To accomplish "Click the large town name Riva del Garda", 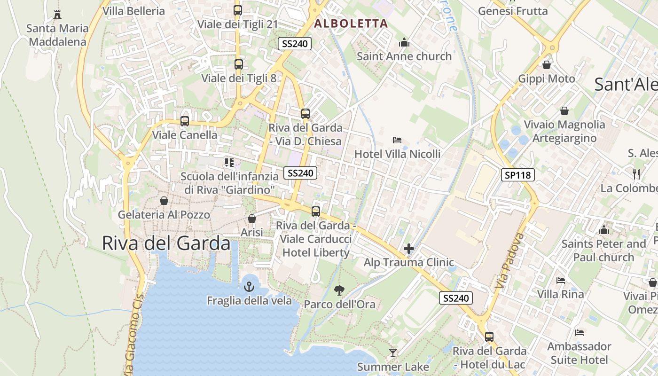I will click(166, 243).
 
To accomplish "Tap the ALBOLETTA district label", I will click(351, 23).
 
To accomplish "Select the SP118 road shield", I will click(517, 175).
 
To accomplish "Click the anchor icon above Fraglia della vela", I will click(249, 286).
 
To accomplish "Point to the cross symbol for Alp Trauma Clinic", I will click(408, 248).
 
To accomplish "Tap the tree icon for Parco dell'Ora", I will click(339, 290).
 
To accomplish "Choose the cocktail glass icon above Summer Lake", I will click(393, 352).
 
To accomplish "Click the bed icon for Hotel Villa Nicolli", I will click(397, 140).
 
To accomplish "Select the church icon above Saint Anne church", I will click(404, 43).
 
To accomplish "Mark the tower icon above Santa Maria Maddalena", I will click(57, 14).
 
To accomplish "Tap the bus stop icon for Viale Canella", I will click(185, 121).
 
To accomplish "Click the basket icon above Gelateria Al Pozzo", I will click(164, 201).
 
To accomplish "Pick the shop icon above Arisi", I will click(252, 219).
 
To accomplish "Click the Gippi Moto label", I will click(546, 78).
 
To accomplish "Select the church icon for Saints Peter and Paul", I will click(604, 230).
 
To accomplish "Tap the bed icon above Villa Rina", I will click(561, 281).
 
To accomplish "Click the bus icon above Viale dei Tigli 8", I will click(239, 64).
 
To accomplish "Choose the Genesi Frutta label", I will click(513, 11).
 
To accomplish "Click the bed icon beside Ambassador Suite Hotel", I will click(580, 333).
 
